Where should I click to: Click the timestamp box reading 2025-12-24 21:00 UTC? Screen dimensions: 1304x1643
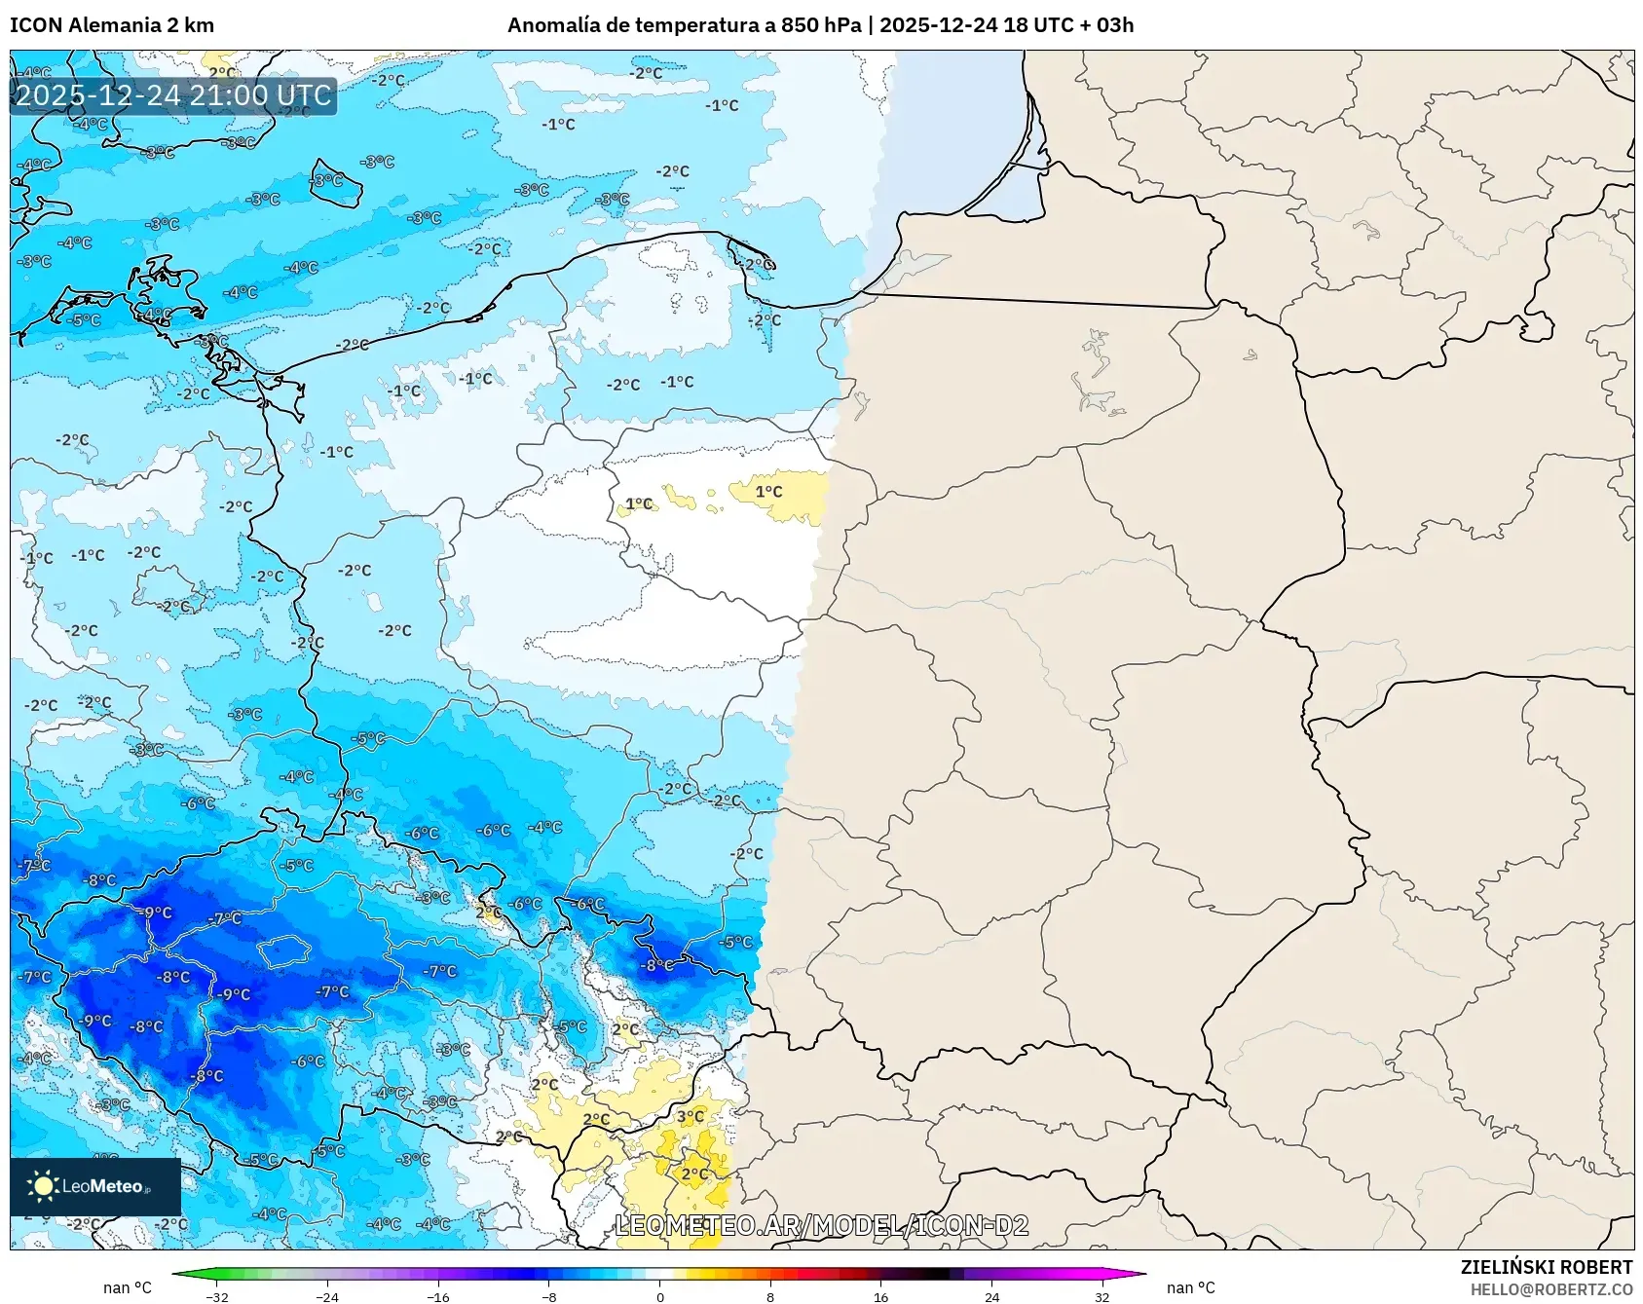(173, 95)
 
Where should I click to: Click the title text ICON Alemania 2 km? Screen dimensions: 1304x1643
(112, 25)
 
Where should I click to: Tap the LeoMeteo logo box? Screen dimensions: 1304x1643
(95, 1186)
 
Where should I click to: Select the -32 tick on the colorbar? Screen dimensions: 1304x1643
(218, 1296)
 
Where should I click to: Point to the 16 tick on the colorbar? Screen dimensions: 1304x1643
(880, 1296)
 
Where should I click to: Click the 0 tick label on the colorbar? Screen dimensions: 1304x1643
(660, 1296)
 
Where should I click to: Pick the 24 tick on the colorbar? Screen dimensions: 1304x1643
(991, 1296)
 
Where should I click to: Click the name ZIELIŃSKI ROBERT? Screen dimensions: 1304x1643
(1546, 1267)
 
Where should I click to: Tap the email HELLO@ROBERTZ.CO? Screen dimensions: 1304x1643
(1550, 1289)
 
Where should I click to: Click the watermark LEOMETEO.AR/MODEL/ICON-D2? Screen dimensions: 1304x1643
(821, 1225)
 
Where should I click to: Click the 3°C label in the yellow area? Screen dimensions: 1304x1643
(691, 1116)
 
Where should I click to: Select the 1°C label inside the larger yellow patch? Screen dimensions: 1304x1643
(768, 492)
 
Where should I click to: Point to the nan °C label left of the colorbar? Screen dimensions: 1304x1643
(128, 1287)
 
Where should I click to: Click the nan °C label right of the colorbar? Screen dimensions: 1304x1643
(1190, 1287)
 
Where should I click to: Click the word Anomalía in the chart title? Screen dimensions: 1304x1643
(552, 25)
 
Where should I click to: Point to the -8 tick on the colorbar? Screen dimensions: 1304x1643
(549, 1296)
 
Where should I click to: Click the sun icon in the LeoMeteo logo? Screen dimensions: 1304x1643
(43, 1186)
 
